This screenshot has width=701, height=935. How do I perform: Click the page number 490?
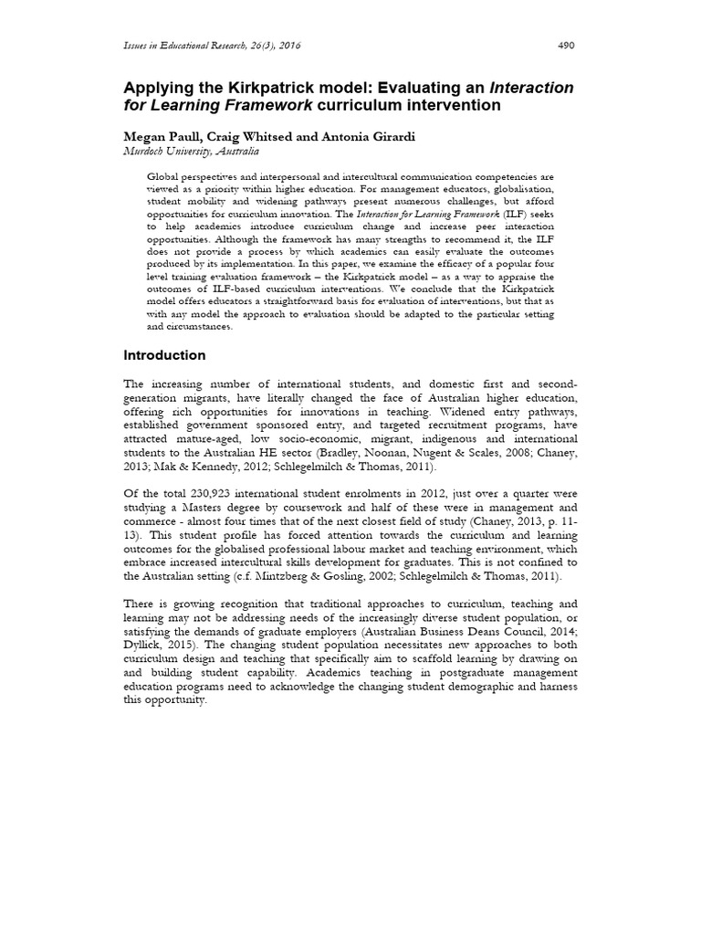click(x=567, y=47)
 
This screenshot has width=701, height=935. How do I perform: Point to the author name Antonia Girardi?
click(x=356, y=137)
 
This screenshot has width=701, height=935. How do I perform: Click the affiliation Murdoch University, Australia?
click(x=191, y=152)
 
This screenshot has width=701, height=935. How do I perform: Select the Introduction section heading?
click(x=164, y=355)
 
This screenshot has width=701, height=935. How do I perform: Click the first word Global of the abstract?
click(x=165, y=174)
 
